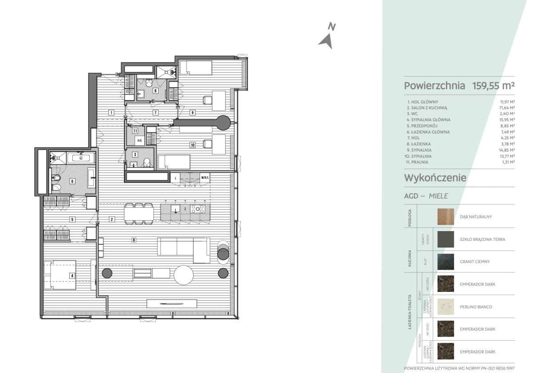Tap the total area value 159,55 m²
[493, 86]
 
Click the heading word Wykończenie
[435, 178]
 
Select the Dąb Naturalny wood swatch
[445, 217]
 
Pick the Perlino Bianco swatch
[445, 307]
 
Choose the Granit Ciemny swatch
[445, 262]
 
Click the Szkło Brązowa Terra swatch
[445, 240]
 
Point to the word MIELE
[438, 196]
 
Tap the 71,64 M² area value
[506, 108]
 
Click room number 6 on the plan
[72, 181]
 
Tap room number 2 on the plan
[112, 219]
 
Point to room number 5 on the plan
[72, 219]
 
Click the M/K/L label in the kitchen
[205, 177]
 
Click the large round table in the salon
[183, 275]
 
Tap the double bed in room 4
[60, 275]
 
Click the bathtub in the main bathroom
[81, 157]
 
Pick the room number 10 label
[193, 145]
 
